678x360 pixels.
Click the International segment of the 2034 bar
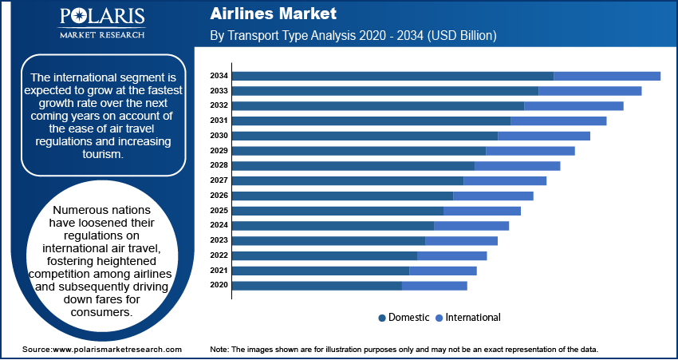(x=607, y=76)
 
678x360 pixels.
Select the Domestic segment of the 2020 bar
(x=317, y=285)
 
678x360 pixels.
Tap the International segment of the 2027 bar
(x=505, y=180)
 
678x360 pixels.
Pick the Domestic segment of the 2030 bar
(x=365, y=136)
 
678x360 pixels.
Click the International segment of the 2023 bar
(x=461, y=240)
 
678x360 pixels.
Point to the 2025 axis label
(x=219, y=211)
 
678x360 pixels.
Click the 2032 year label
(x=219, y=105)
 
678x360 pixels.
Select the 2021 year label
(x=219, y=271)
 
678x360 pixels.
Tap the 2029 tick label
(x=219, y=151)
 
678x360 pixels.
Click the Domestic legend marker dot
(x=382, y=318)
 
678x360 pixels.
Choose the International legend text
(x=473, y=318)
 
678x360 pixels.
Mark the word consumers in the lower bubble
(x=97, y=312)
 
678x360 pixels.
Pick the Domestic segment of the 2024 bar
(x=333, y=225)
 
